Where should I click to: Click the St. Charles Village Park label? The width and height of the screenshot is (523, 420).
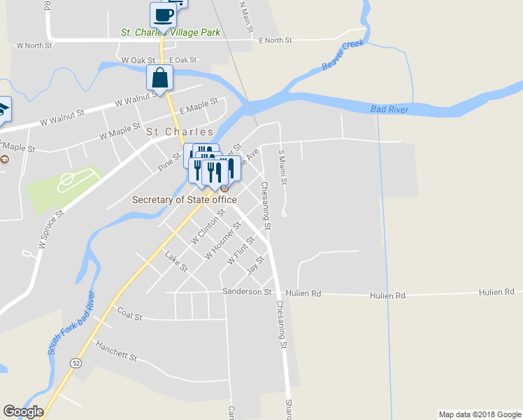[171, 32]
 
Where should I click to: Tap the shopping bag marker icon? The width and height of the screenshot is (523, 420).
[160, 78]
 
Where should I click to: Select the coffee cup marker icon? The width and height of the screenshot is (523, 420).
[163, 15]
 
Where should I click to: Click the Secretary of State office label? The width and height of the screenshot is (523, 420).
[185, 199]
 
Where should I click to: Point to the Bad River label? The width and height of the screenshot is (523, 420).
[389, 109]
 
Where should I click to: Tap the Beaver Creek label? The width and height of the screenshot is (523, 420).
[343, 57]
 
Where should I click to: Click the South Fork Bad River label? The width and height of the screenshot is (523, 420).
[71, 323]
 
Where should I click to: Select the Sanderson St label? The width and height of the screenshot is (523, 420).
[246, 291]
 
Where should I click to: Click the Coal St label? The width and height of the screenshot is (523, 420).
[130, 313]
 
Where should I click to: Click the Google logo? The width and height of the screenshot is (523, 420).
[23, 412]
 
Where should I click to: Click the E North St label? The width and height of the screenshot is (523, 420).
[275, 41]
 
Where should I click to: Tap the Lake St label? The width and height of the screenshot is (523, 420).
[176, 262]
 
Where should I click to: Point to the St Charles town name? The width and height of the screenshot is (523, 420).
[180, 132]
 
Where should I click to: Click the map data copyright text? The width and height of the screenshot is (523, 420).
[479, 414]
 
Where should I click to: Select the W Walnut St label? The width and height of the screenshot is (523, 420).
[62, 116]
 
